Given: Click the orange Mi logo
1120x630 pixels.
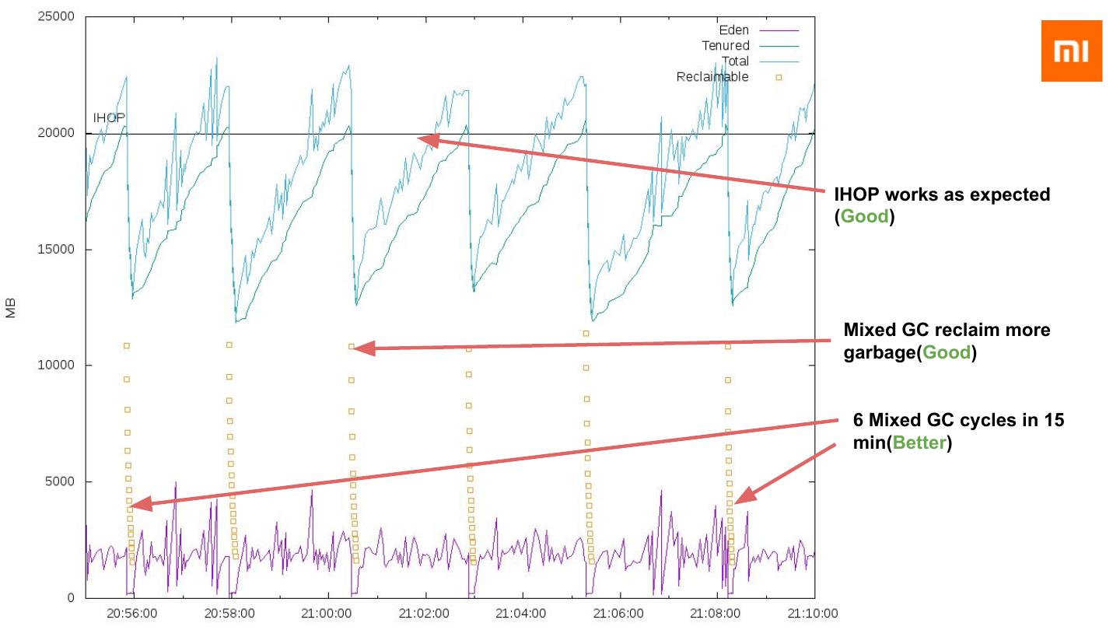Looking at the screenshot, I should (1072, 51).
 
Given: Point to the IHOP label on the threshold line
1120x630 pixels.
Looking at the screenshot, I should (109, 118).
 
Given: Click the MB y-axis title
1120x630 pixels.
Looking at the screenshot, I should (11, 307).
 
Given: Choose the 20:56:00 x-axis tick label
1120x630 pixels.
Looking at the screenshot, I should (133, 614).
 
